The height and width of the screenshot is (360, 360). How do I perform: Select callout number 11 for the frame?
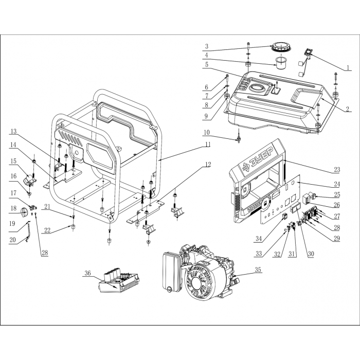click(x=207, y=146)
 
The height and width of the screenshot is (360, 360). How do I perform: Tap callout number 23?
click(x=337, y=169)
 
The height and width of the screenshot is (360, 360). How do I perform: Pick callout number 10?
click(x=206, y=133)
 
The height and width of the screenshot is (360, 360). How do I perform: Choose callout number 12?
click(x=207, y=165)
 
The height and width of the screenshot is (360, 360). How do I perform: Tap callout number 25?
click(x=337, y=195)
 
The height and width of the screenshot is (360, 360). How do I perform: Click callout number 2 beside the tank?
click(x=348, y=109)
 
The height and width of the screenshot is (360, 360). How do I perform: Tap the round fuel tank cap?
click(x=279, y=47)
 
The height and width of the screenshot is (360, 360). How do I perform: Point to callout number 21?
click(x=46, y=207)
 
